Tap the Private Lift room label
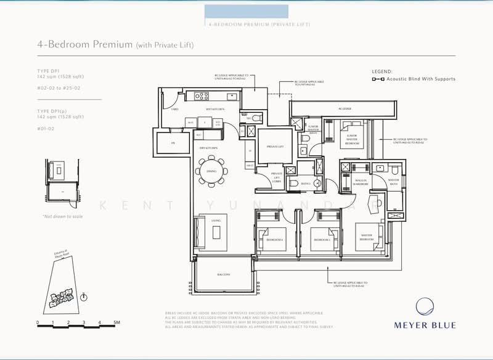click(x=271, y=147)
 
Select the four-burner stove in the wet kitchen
click(x=202, y=96)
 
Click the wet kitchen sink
click(x=232, y=96)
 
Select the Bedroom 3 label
click(x=322, y=239)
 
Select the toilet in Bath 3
click(x=317, y=183)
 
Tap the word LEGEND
click(x=382, y=72)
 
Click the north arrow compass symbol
click(x=84, y=297)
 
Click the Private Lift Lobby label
click(x=277, y=178)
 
